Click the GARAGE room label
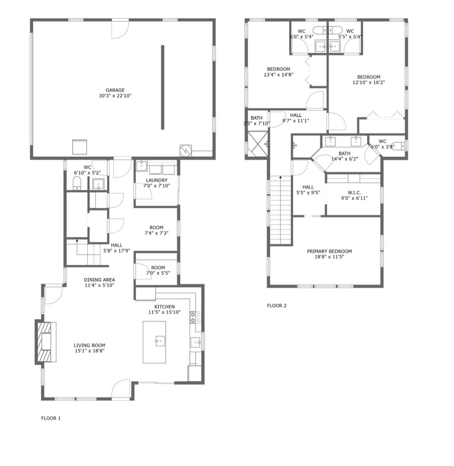(x=115, y=90)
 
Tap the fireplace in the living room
(x=44, y=342)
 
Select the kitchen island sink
(x=160, y=340)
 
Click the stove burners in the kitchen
(x=195, y=318)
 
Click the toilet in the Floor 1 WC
(x=77, y=184)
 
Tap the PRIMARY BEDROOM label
(x=329, y=251)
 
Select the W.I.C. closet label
(x=354, y=192)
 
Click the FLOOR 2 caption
(x=277, y=306)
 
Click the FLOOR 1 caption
(x=51, y=418)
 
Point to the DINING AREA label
(x=100, y=280)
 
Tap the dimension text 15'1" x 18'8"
(x=89, y=351)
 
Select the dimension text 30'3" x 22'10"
(x=115, y=96)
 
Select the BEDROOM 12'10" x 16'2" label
(x=368, y=77)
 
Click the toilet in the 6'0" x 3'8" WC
(x=399, y=147)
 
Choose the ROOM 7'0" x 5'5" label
(x=158, y=267)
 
